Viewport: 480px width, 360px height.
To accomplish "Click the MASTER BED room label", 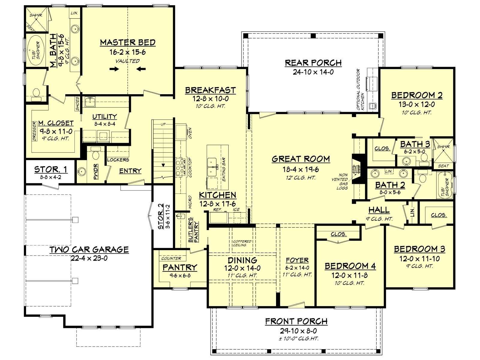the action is pyautogui.click(x=128, y=42).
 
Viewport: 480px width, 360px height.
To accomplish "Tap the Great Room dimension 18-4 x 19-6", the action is pyautogui.click(x=301, y=169).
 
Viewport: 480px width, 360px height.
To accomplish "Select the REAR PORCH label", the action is pyautogui.click(x=313, y=63).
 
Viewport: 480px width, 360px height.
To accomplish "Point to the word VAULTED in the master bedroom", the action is pyautogui.click(x=128, y=61).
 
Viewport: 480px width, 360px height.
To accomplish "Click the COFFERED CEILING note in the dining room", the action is pyautogui.click(x=242, y=243).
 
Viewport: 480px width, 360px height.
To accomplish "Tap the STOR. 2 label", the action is pyautogui.click(x=161, y=216).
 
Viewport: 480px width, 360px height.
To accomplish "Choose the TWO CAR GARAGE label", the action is pyautogui.click(x=89, y=249).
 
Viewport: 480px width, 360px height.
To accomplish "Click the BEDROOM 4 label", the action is pyautogui.click(x=350, y=266).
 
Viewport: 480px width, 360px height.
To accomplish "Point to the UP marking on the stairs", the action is pyautogui.click(x=163, y=124).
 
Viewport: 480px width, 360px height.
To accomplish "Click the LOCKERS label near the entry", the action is pyautogui.click(x=118, y=160).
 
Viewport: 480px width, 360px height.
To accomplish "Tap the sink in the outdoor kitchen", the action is pyautogui.click(x=372, y=106).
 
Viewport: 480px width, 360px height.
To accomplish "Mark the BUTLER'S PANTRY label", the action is pyautogui.click(x=193, y=230).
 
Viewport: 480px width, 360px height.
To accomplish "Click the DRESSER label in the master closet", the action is pyautogui.click(x=34, y=131).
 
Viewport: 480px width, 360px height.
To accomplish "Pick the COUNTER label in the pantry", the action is pyautogui.click(x=171, y=258).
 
